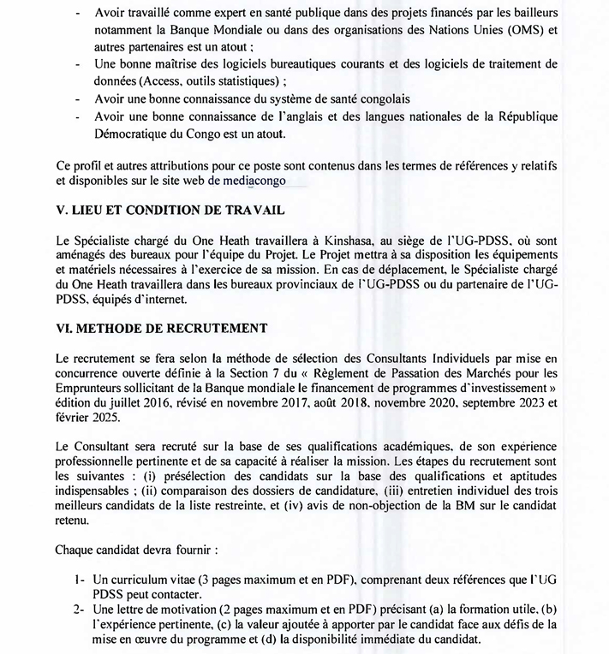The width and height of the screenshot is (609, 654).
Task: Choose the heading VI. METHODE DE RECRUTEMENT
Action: pos(161,327)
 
